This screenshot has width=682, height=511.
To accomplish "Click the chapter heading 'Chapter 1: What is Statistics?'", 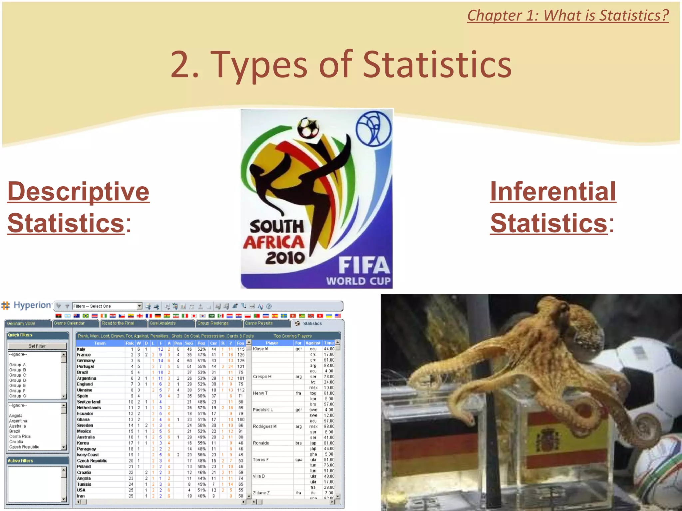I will pyautogui.click(x=567, y=16).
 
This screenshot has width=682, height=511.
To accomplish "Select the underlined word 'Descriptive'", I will pyautogui.click(x=79, y=192).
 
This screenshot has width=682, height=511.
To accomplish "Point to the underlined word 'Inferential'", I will pyautogui.click(x=553, y=192).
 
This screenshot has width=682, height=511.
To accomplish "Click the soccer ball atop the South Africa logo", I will pyautogui.click(x=308, y=127).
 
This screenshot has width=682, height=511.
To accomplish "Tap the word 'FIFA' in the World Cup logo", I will pyautogui.click(x=364, y=265).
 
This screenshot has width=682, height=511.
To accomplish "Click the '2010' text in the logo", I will pyautogui.click(x=285, y=258).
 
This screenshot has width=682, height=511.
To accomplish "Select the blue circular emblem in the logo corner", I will pyautogui.click(x=374, y=129).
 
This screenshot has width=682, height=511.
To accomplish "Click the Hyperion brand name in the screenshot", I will pyautogui.click(x=32, y=305).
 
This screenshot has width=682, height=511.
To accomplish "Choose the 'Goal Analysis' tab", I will pyautogui.click(x=163, y=323).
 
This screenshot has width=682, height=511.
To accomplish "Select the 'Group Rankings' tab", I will pyautogui.click(x=213, y=323).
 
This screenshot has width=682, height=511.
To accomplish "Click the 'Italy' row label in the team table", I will pyautogui.click(x=81, y=349).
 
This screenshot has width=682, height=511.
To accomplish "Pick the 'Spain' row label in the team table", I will pyautogui.click(x=83, y=396).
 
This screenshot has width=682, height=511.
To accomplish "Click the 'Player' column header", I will pyautogui.click(x=272, y=343).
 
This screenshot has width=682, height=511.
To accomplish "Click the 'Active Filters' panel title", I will pyautogui.click(x=21, y=461).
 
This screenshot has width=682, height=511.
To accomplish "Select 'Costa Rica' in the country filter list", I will pyautogui.click(x=20, y=436).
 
